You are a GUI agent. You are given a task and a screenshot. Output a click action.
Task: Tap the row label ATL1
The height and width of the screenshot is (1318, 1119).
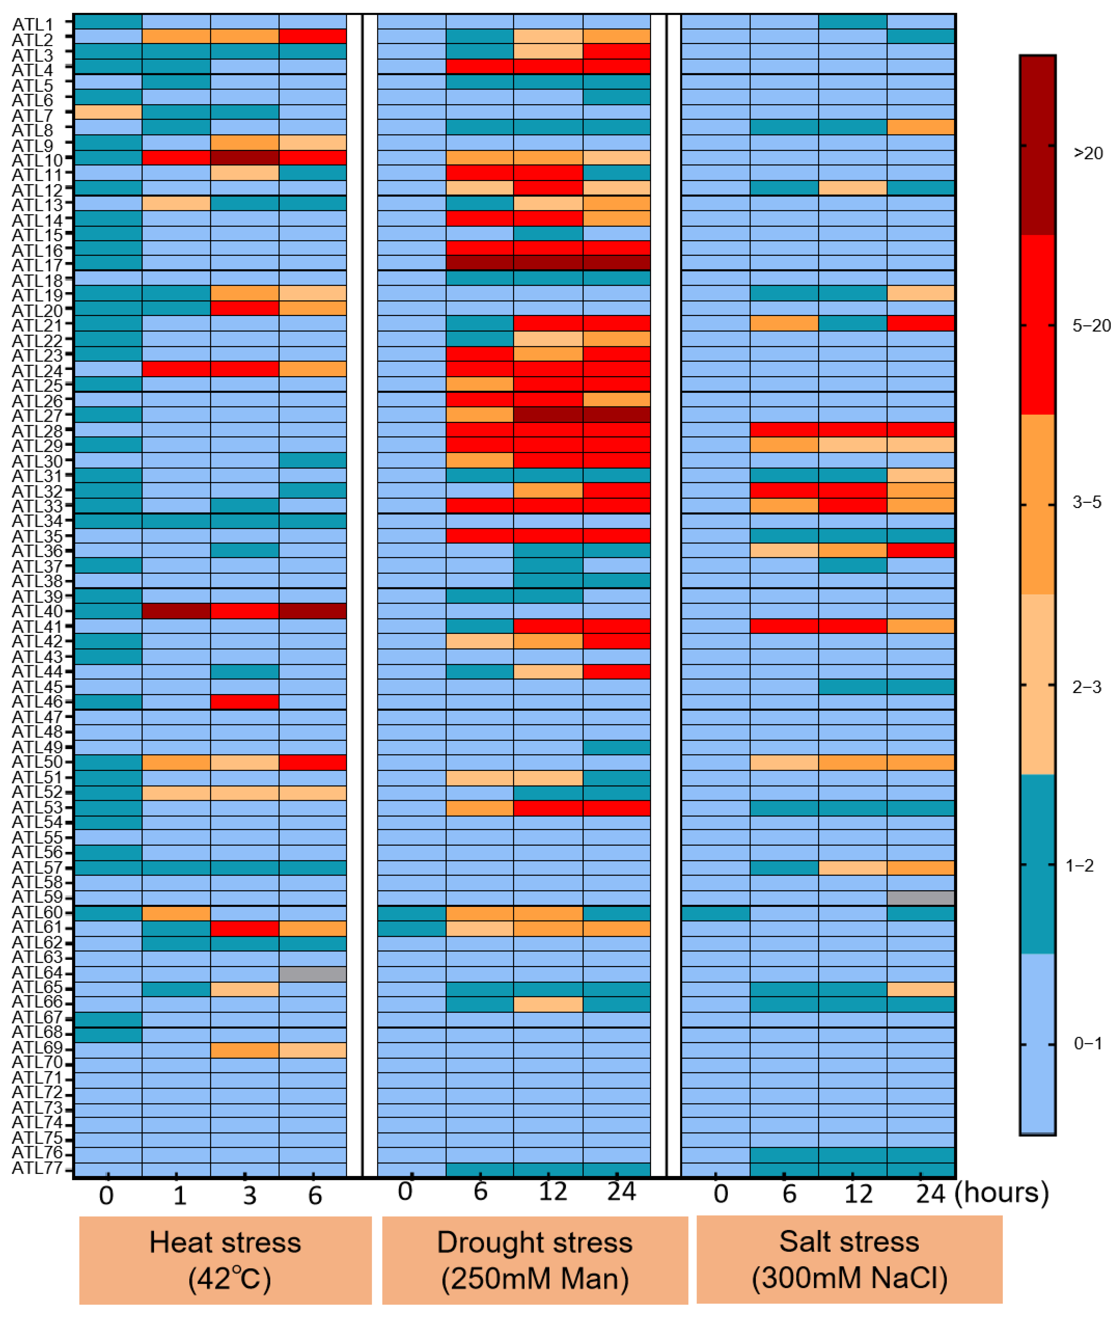tap(33, 24)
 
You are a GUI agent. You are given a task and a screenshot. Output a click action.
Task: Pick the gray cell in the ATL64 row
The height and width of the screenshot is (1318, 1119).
tap(313, 973)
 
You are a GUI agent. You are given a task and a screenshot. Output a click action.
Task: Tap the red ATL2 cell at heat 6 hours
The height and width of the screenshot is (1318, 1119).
tap(313, 36)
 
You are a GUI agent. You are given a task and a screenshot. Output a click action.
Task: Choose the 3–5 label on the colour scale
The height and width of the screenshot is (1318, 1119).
tap(1087, 503)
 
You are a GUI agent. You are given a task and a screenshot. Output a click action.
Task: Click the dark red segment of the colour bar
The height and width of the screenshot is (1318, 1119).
tap(1038, 146)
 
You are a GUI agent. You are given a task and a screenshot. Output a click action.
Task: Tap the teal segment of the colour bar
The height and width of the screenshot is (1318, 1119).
tap(1038, 864)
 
